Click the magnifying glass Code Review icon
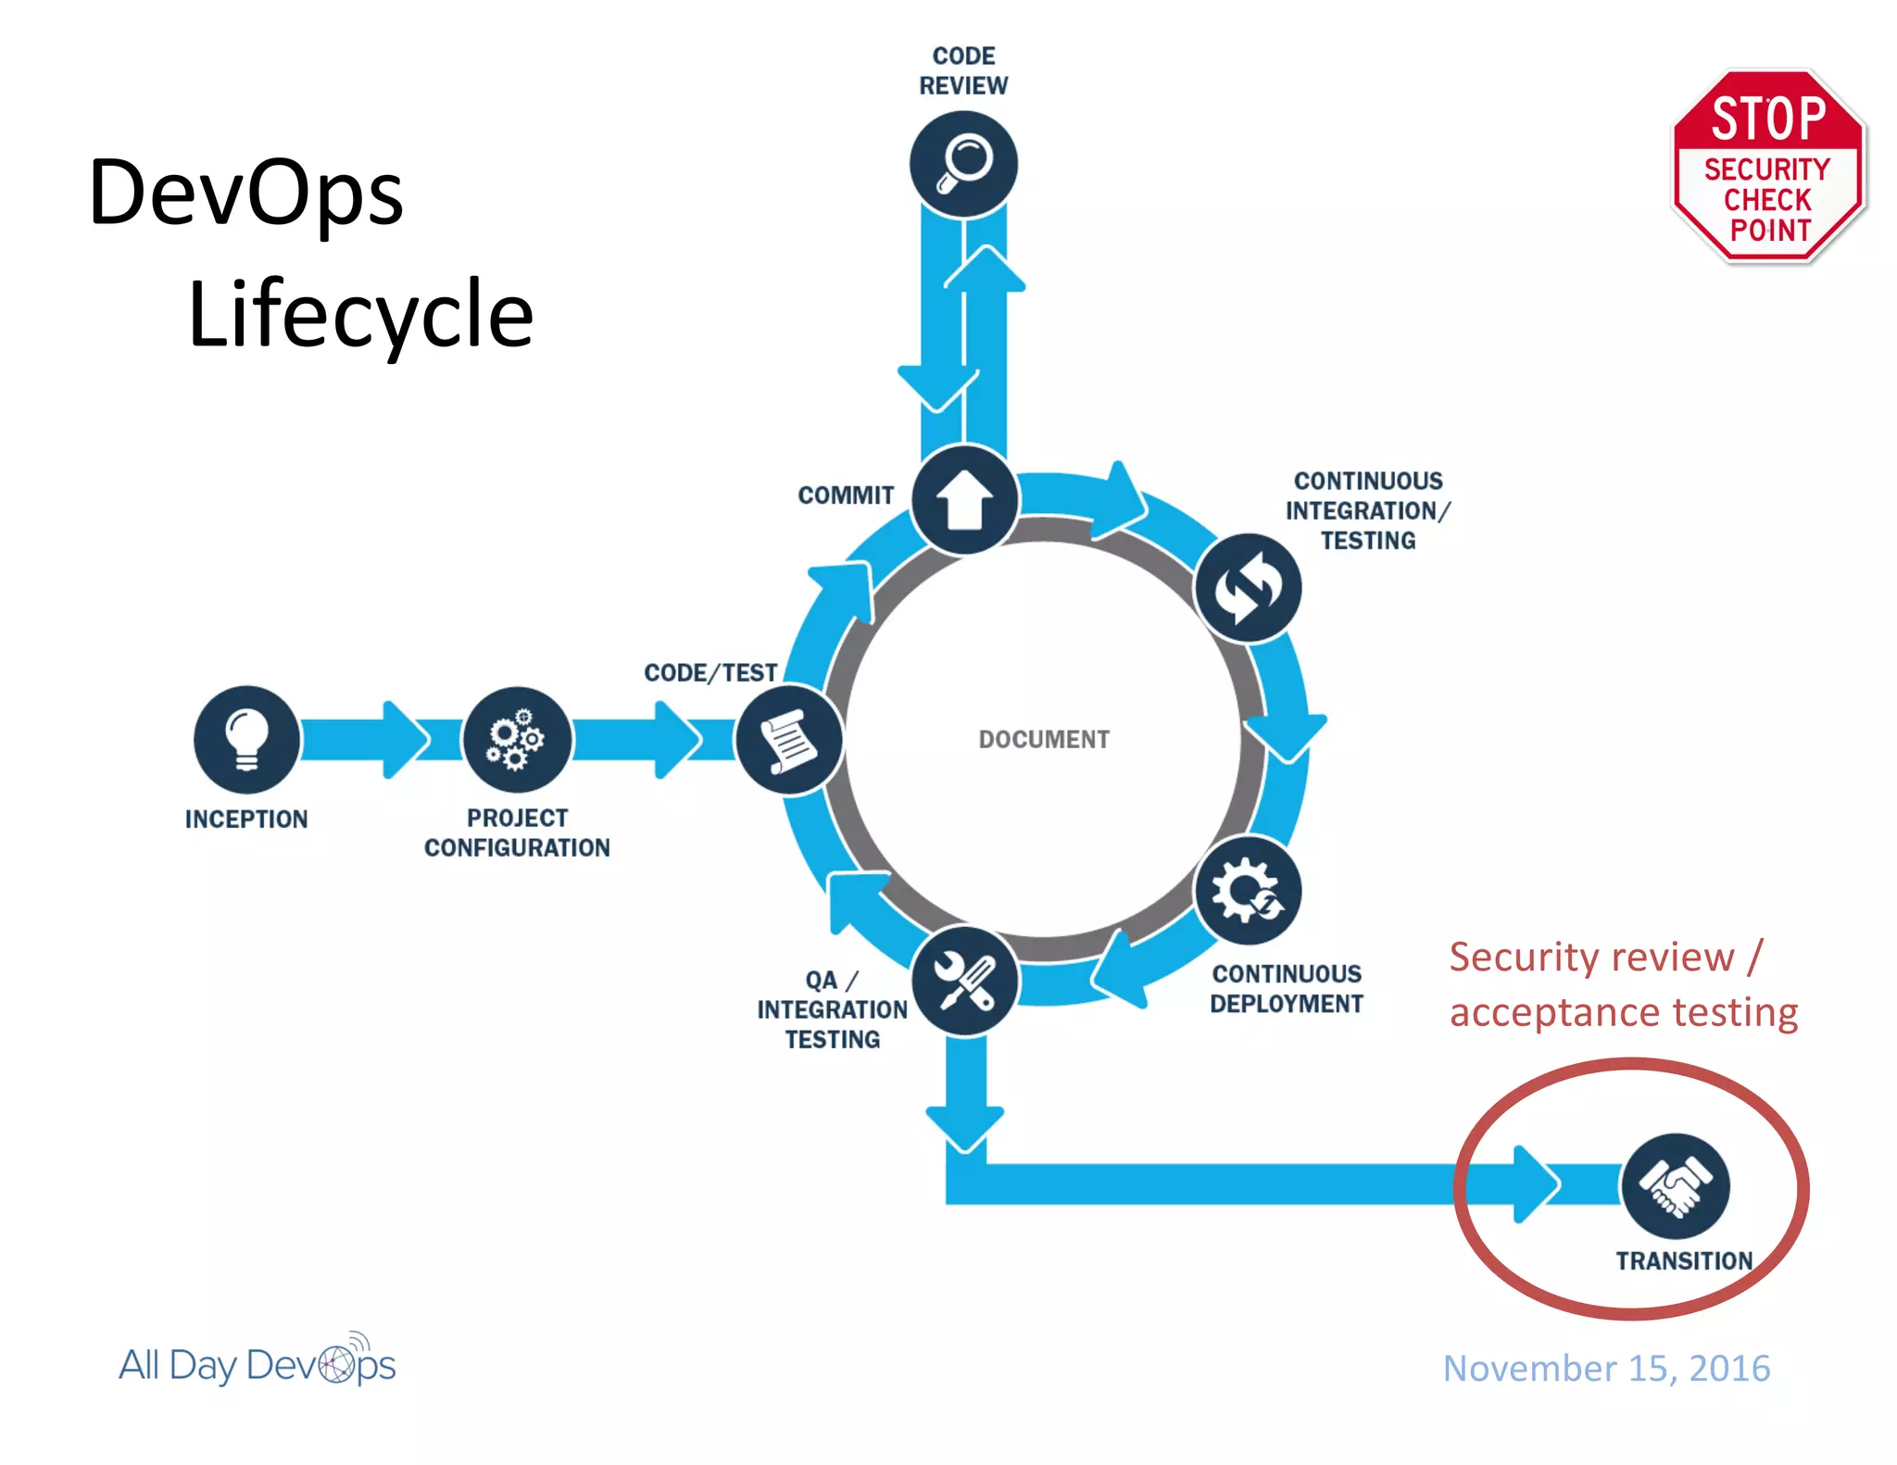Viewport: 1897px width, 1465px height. [963, 165]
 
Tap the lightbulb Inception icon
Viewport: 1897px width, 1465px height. [246, 739]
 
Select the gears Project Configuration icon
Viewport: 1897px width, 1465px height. [517, 739]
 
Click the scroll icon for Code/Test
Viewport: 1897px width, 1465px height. [788, 740]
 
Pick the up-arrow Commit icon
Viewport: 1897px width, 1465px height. [964, 500]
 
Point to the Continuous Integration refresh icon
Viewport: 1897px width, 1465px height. [1248, 588]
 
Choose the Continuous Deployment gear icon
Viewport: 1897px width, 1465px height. [1248, 891]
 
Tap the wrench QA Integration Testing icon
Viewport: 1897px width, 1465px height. [964, 981]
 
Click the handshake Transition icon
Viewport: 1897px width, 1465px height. [1675, 1186]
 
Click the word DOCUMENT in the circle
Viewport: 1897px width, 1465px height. [1044, 739]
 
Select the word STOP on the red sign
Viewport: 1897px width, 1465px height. [1768, 119]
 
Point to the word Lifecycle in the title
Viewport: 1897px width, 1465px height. [360, 314]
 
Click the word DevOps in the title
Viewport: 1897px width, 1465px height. [245, 193]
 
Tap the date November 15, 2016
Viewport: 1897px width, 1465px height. [1606, 1368]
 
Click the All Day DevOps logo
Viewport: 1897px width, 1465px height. [258, 1363]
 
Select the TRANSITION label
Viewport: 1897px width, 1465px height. [1684, 1260]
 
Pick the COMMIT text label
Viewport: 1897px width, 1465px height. [846, 495]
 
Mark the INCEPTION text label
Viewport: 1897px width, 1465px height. [246, 819]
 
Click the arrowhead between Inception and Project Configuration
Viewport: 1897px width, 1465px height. [406, 739]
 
